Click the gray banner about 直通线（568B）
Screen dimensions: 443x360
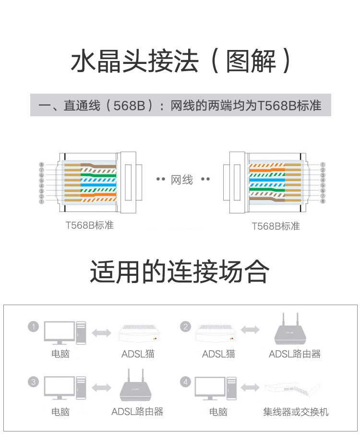180,105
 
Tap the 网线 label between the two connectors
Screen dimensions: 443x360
182,180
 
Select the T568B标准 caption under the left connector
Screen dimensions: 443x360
90,225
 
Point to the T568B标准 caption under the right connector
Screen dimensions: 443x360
276,226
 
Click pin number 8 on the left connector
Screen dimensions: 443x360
42,165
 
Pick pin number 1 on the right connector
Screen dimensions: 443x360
323,164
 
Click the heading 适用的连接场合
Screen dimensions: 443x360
180,272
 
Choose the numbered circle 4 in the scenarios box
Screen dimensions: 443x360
186,382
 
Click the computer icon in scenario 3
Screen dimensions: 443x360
65,388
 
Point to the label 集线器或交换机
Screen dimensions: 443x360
296,412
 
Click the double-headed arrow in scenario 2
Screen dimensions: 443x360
251,330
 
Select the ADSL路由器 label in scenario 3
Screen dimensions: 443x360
137,412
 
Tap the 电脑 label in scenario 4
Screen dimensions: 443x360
218,412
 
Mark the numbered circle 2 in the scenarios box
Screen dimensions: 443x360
186,327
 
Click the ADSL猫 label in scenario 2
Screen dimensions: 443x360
218,354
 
